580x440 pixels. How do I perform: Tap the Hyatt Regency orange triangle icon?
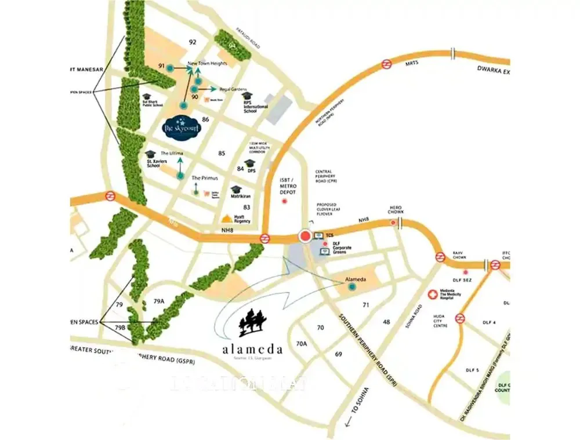(x=226, y=219)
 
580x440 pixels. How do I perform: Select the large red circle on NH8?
(x=305, y=236)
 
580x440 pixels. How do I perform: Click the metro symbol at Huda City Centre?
(x=459, y=318)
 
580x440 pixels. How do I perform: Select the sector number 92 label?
(x=193, y=42)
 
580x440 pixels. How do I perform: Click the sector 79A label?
(x=159, y=301)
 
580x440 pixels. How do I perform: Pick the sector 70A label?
(x=301, y=344)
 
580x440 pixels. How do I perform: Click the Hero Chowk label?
(x=395, y=210)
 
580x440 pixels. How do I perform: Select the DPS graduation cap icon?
(x=251, y=163)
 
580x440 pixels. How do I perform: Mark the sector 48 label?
(x=386, y=322)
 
